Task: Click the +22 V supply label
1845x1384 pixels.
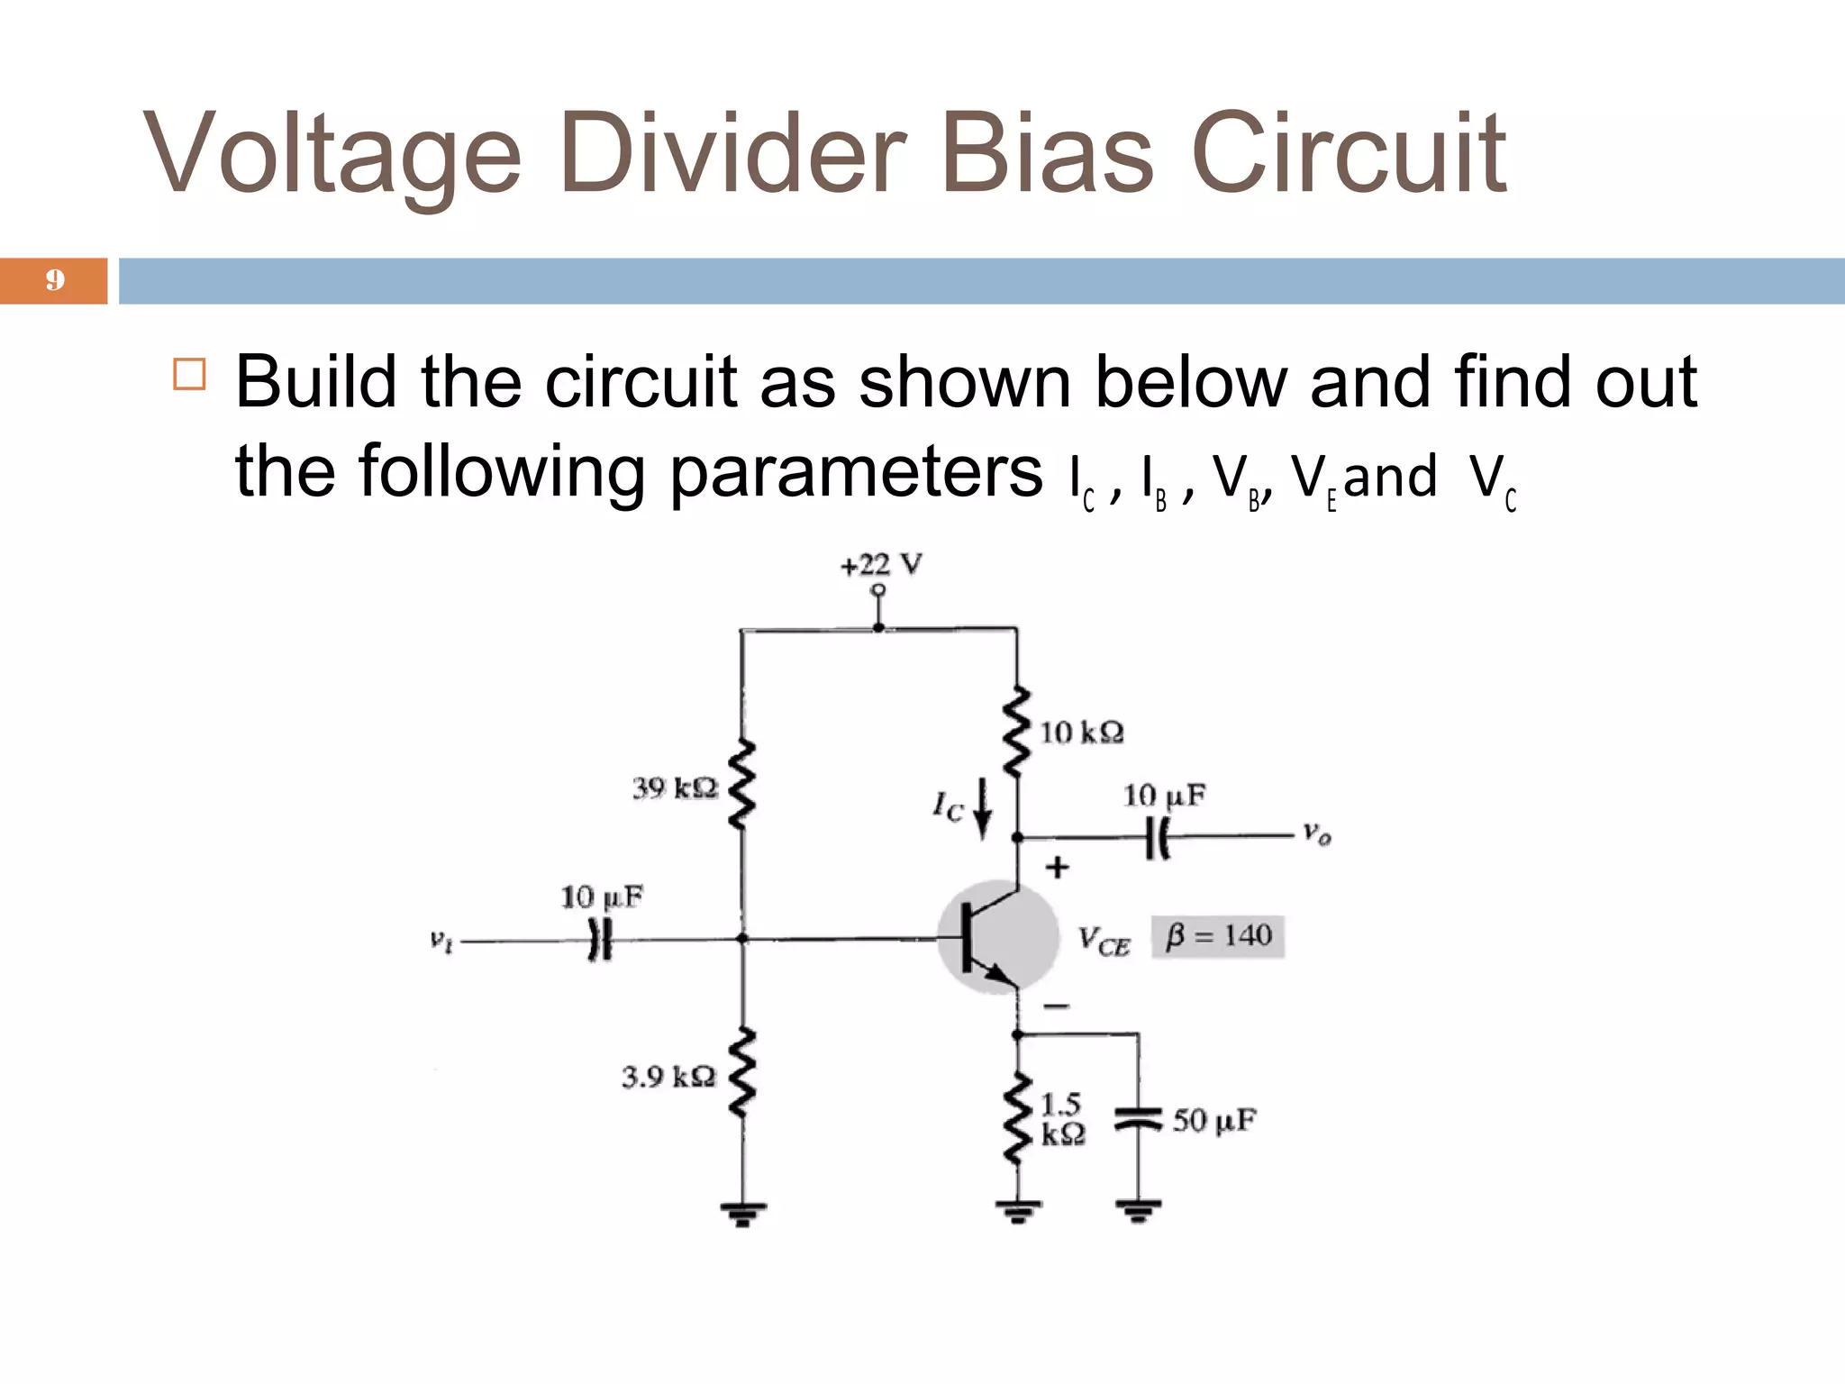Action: [x=881, y=565]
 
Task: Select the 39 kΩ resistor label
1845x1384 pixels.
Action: [x=675, y=788]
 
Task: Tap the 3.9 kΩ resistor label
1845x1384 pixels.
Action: [x=668, y=1076]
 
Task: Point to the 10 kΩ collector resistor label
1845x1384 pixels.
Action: [x=1081, y=732]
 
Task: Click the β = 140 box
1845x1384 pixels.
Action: [x=1217, y=937]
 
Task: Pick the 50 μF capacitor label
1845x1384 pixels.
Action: [x=1213, y=1121]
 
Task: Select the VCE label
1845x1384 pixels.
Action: [x=1104, y=942]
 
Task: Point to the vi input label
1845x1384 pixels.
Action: [x=441, y=942]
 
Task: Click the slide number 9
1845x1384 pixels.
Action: [x=55, y=280]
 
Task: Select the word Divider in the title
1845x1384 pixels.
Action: [x=732, y=153]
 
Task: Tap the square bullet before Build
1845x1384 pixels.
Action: [x=189, y=373]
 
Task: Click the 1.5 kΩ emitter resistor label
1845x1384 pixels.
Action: [x=1062, y=1119]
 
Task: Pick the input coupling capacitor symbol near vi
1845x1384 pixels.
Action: [x=600, y=941]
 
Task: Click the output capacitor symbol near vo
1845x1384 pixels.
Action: [x=1158, y=838]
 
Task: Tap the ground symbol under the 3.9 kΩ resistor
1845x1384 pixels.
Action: [x=742, y=1213]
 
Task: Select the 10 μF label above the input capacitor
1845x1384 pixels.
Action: [x=601, y=897]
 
